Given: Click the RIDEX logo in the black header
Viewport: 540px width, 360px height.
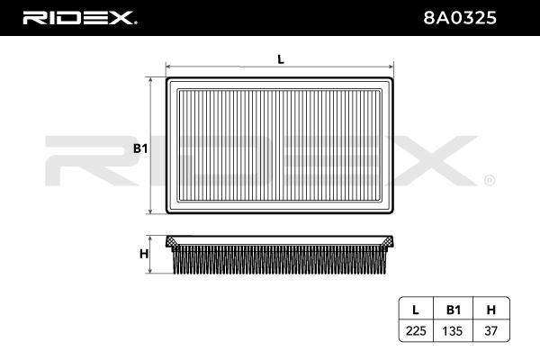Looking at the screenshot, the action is pos(79,18).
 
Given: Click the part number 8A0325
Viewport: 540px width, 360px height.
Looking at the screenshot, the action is pos(460,18).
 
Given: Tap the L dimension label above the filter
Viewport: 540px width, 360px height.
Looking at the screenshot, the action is pos(281,59).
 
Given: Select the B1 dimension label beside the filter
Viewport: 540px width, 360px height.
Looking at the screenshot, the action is pos(140,148).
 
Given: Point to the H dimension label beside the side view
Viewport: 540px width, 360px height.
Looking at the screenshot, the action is pos(144,254).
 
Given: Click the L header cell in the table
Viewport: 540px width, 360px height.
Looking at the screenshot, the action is pos(416,310).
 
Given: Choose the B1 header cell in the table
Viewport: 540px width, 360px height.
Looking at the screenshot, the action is pos(454,310).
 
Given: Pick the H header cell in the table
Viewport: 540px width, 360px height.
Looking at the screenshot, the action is pos(491,310).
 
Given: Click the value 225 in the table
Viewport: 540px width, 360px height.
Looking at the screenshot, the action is pos(416,331).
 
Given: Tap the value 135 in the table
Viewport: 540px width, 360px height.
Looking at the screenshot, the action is pos(453,331).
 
